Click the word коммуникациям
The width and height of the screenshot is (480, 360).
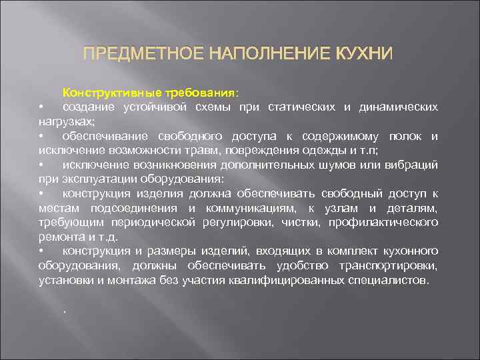(x=253, y=209)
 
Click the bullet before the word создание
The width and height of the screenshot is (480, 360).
(x=41, y=107)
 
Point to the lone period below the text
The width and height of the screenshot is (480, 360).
(x=65, y=311)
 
